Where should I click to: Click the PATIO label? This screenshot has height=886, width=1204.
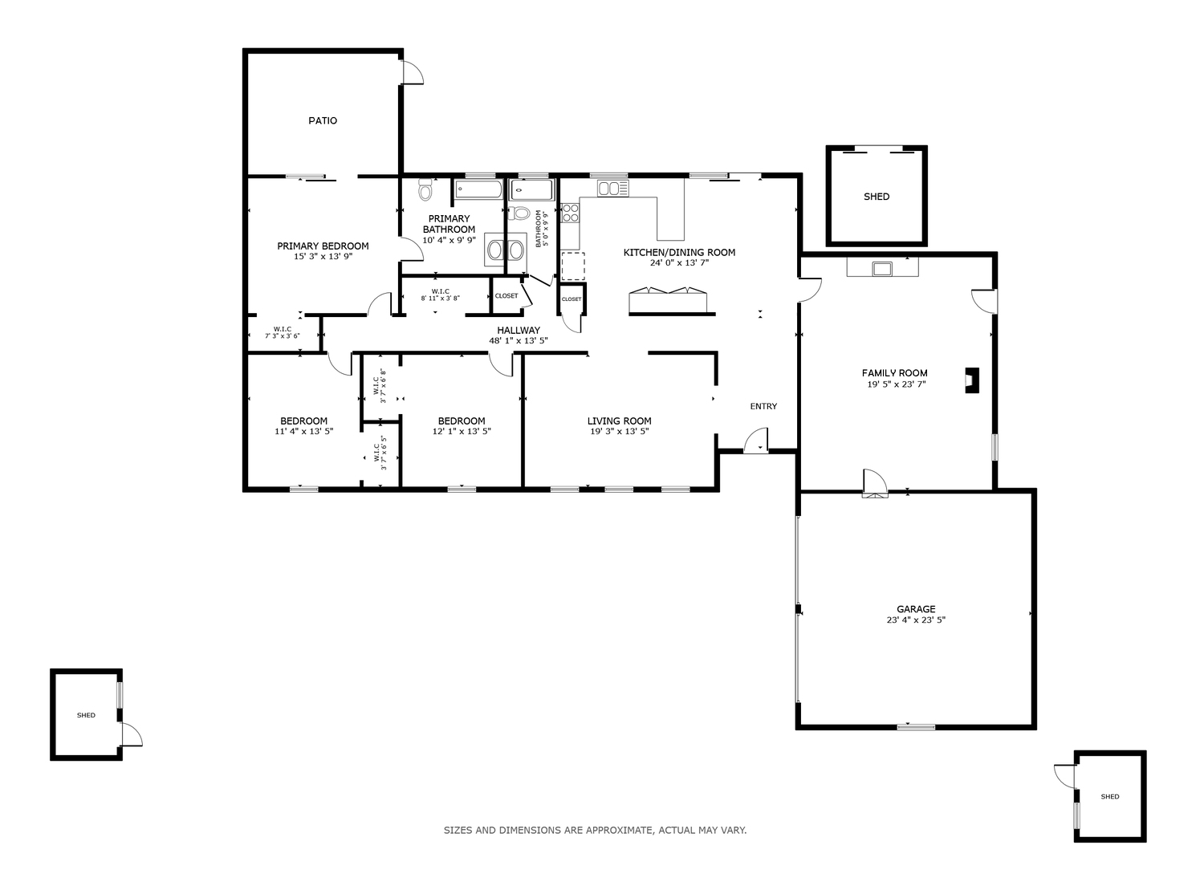click(323, 121)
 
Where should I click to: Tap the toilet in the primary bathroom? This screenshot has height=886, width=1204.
click(425, 189)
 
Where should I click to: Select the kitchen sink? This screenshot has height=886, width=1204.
click(612, 189)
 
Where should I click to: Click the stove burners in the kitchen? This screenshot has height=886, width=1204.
click(570, 212)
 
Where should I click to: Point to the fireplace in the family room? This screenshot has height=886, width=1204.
click(972, 380)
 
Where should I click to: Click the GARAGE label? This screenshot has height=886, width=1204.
click(916, 609)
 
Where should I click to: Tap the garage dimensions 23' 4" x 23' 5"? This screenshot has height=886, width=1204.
click(916, 620)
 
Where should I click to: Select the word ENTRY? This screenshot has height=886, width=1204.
click(763, 407)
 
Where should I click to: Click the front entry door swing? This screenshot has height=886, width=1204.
click(756, 441)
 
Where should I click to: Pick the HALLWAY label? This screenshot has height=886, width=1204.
click(519, 331)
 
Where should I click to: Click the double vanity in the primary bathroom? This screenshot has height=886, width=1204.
click(505, 250)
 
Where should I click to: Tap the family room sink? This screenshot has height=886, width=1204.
click(882, 268)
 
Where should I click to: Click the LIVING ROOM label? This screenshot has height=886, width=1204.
click(619, 421)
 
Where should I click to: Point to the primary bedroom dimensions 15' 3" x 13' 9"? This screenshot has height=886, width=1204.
click(323, 257)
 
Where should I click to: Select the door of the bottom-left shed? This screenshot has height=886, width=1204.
click(131, 734)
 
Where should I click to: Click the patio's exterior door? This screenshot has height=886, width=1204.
click(413, 72)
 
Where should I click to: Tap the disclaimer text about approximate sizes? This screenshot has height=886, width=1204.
click(595, 830)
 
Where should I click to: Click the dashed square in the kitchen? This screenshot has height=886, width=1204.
click(573, 266)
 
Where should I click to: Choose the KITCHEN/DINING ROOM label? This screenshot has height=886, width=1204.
click(679, 253)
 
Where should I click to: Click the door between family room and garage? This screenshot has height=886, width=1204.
click(875, 484)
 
